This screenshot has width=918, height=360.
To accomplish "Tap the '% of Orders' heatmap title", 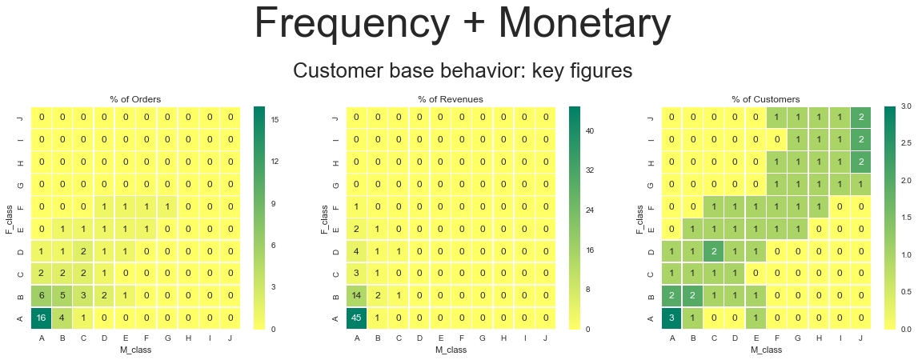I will pos(135,99).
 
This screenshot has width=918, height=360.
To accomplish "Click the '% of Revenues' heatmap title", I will pos(451,99).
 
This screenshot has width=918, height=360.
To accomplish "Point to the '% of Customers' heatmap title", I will pos(766,99).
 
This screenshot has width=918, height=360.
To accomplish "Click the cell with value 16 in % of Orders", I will pos(42,318).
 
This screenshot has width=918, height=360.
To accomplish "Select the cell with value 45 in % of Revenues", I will pos(357,318).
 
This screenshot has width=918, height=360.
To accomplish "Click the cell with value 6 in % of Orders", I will pos(42,295).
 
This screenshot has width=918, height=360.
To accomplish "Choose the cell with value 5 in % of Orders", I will pos(62,295).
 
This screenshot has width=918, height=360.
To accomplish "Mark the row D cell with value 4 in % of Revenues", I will pos(357,251).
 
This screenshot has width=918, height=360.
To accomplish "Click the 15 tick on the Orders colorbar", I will pos(275,119).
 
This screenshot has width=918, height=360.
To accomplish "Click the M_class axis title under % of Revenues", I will pos(451,350).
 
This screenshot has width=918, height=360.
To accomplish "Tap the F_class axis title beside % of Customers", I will pos(639,218).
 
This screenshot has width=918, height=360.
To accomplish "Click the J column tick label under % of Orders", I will pos(230,337).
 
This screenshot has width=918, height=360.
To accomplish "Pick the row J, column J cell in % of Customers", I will pos(860,118).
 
